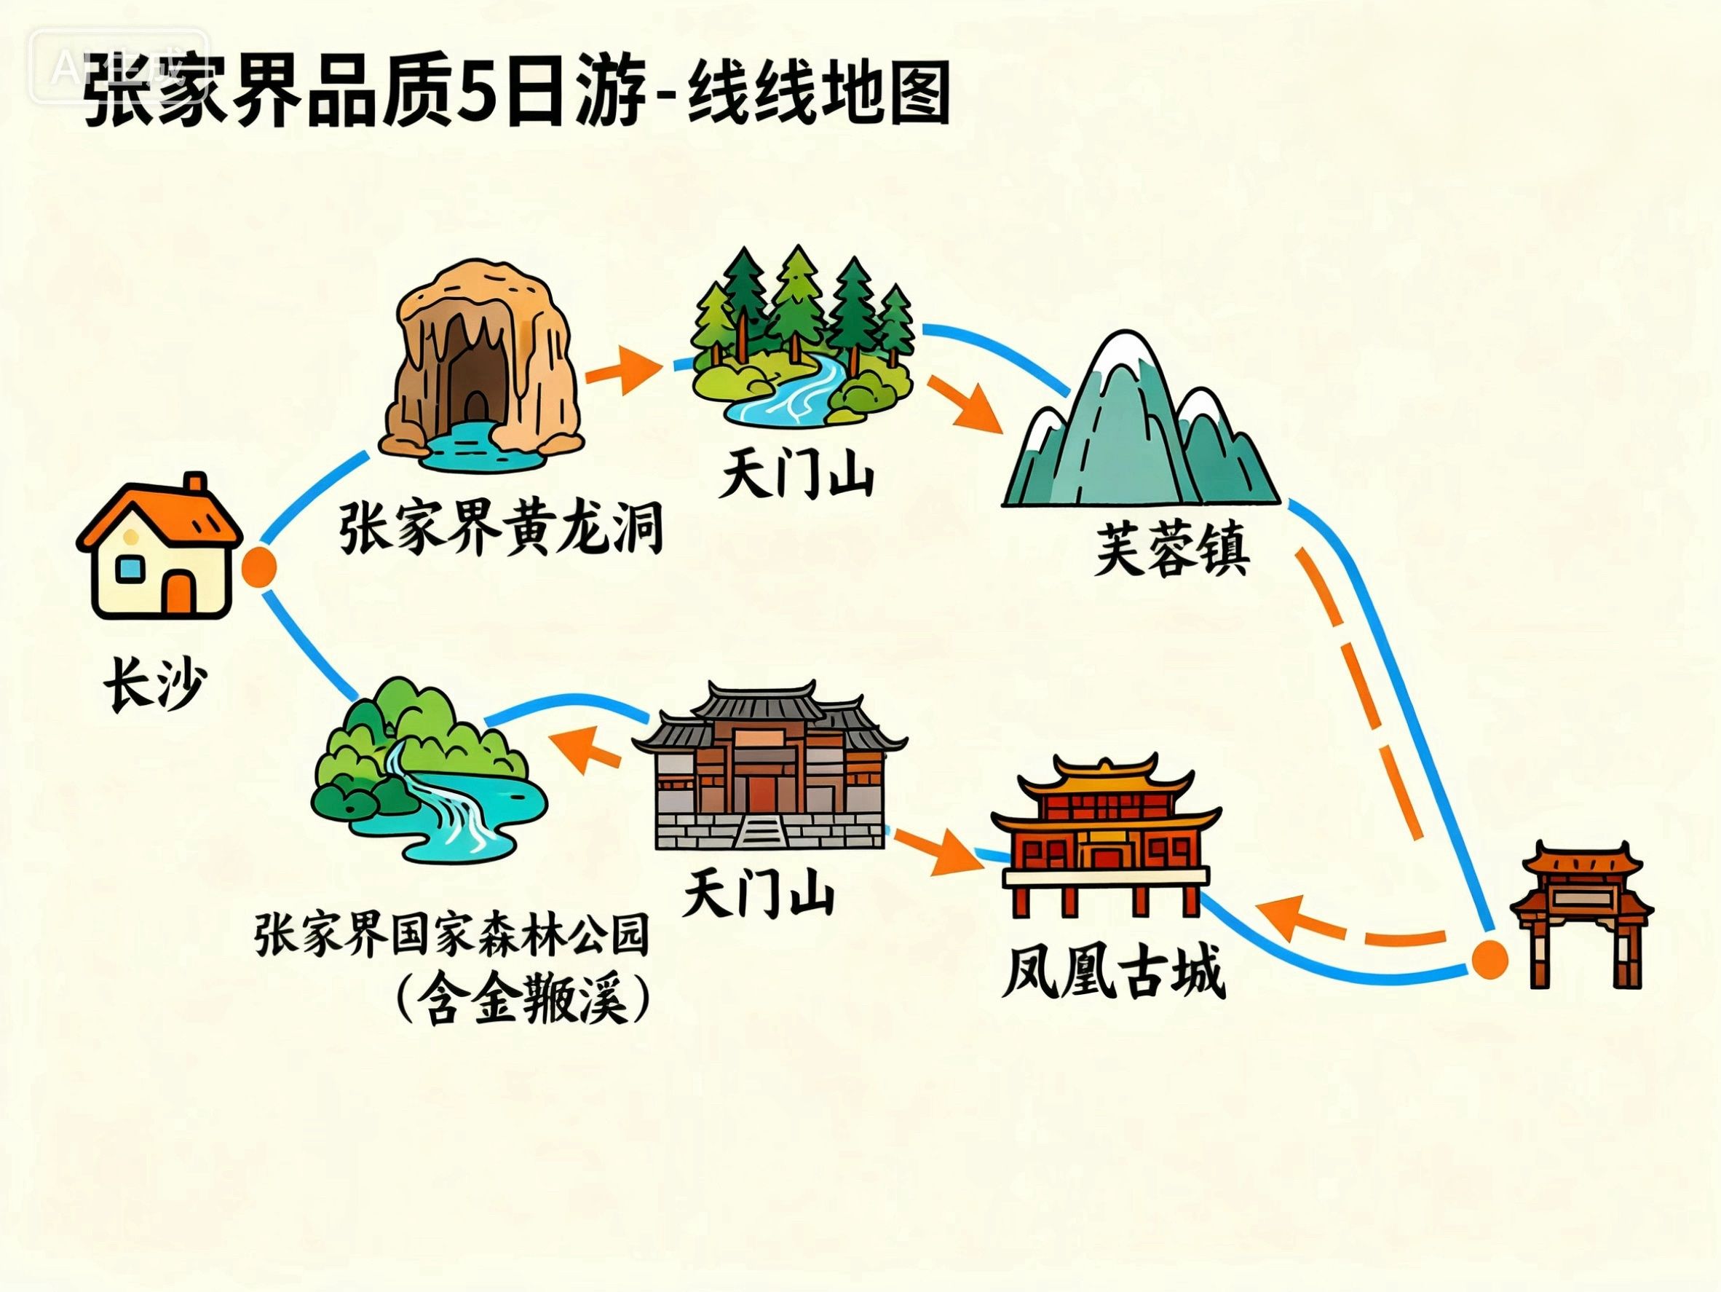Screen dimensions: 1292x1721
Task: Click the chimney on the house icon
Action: (194, 486)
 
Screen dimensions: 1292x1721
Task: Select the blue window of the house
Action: (128, 570)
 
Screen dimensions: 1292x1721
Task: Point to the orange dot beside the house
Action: (259, 567)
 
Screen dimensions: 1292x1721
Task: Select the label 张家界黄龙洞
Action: (500, 529)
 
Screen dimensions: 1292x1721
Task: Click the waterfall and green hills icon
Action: (427, 771)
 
